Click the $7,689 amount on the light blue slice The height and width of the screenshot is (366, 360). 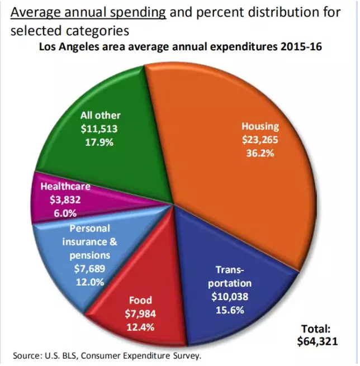pos(89,269)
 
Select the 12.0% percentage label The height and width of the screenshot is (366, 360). pos(89,282)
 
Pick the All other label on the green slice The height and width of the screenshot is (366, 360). pos(101,115)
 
